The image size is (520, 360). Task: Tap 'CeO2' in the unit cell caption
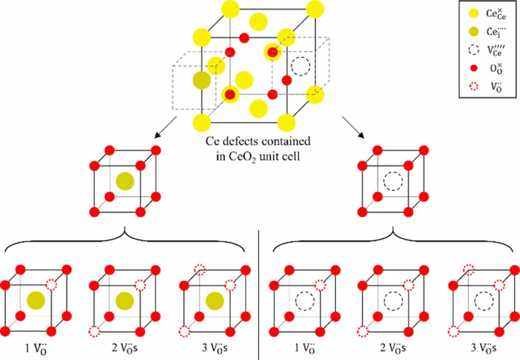tap(251, 156)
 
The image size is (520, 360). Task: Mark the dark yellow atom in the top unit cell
tap(202, 80)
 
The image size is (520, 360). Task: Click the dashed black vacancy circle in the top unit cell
tap(300, 67)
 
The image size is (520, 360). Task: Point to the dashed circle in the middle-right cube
tap(392, 181)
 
